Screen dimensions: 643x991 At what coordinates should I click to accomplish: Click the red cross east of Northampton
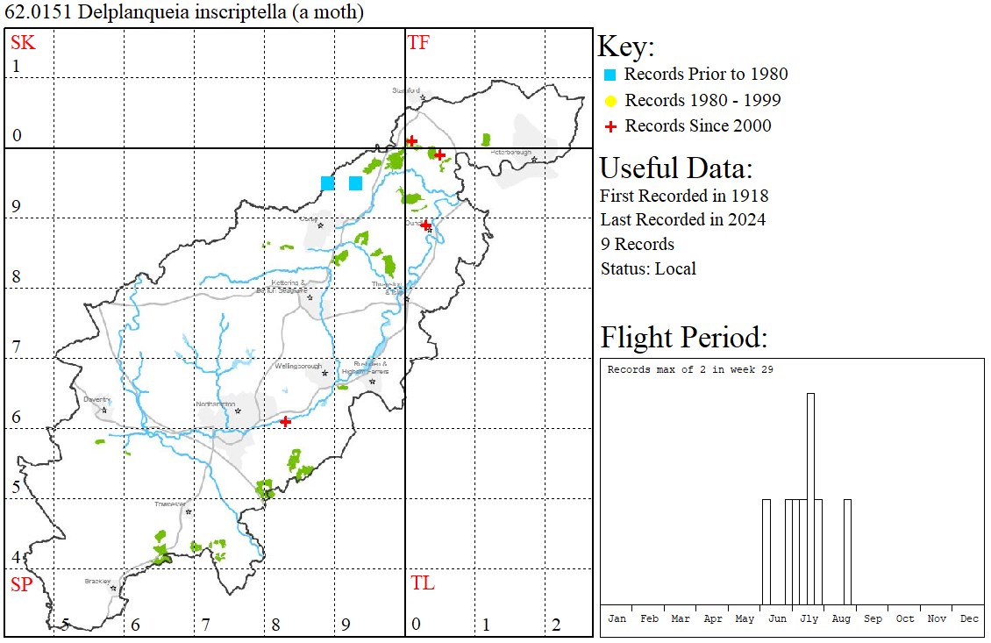point(286,422)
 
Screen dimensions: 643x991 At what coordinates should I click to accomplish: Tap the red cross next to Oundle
point(425,225)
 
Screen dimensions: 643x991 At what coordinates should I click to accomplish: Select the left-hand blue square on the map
point(327,183)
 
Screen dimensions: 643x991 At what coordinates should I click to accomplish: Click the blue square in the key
point(610,75)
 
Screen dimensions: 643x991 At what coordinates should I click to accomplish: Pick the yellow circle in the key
point(610,100)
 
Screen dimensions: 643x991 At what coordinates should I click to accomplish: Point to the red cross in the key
point(610,126)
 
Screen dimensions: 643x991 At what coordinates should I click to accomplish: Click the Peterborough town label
point(511,153)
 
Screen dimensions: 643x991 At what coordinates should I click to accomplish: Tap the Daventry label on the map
point(96,399)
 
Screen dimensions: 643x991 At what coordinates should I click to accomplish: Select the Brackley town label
point(97,581)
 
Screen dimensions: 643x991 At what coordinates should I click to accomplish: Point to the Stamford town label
point(406,90)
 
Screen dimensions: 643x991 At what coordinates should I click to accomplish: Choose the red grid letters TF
point(418,42)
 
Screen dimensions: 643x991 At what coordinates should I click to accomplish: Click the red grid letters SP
point(21,584)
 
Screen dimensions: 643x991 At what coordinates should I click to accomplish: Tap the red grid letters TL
point(422,583)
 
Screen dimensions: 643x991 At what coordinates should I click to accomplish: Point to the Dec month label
point(969,618)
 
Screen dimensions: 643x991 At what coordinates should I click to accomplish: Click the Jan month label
point(617,618)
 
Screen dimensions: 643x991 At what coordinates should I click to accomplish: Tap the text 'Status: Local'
point(648,268)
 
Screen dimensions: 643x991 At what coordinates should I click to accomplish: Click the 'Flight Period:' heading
point(683,338)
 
